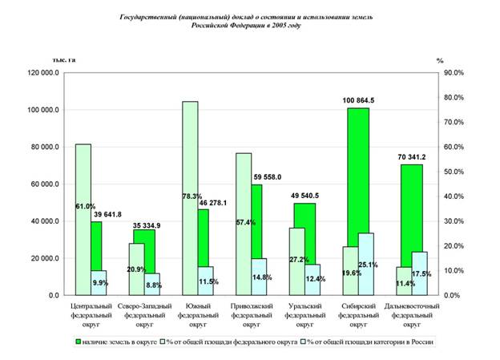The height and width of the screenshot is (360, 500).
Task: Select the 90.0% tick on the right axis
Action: (454, 73)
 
